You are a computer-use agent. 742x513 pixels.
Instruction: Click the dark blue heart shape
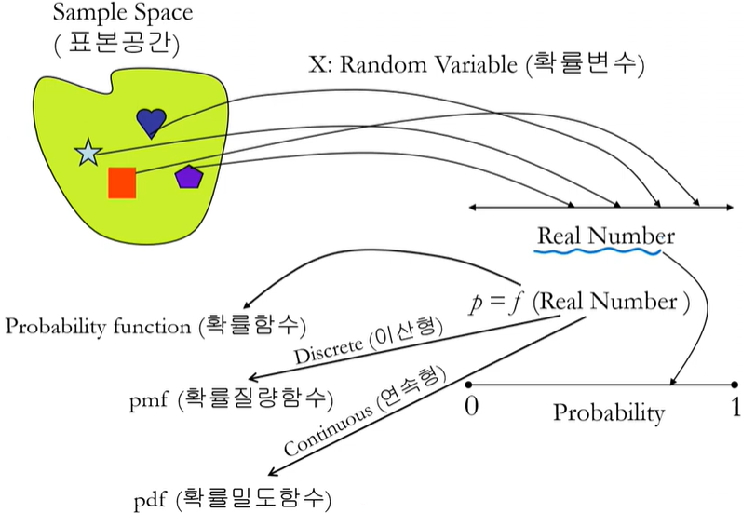click(151, 122)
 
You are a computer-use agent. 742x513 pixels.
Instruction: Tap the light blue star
click(87, 153)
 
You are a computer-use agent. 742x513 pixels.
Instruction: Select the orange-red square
click(122, 182)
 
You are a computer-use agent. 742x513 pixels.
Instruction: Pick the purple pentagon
click(190, 176)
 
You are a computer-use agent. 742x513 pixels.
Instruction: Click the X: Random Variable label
click(413, 64)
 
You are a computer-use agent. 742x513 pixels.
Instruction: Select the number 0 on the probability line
click(472, 407)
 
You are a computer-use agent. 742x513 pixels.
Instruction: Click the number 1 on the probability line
click(735, 407)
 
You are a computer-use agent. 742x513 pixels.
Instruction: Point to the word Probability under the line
click(609, 412)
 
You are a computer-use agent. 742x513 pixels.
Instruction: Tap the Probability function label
click(99, 326)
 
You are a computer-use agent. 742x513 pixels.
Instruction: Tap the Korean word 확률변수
click(584, 64)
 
